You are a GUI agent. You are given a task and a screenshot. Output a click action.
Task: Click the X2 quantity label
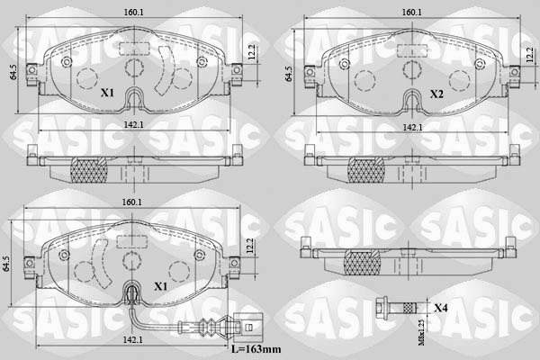436,94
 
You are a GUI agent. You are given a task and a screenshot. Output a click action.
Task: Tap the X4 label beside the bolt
441,309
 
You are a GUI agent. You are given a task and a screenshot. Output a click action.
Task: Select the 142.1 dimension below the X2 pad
413,128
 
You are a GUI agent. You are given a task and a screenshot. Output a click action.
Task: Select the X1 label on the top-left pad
107,94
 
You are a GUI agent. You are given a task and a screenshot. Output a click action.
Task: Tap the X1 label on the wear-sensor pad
162,286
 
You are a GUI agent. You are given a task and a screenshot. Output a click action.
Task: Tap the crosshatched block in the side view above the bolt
362,262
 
